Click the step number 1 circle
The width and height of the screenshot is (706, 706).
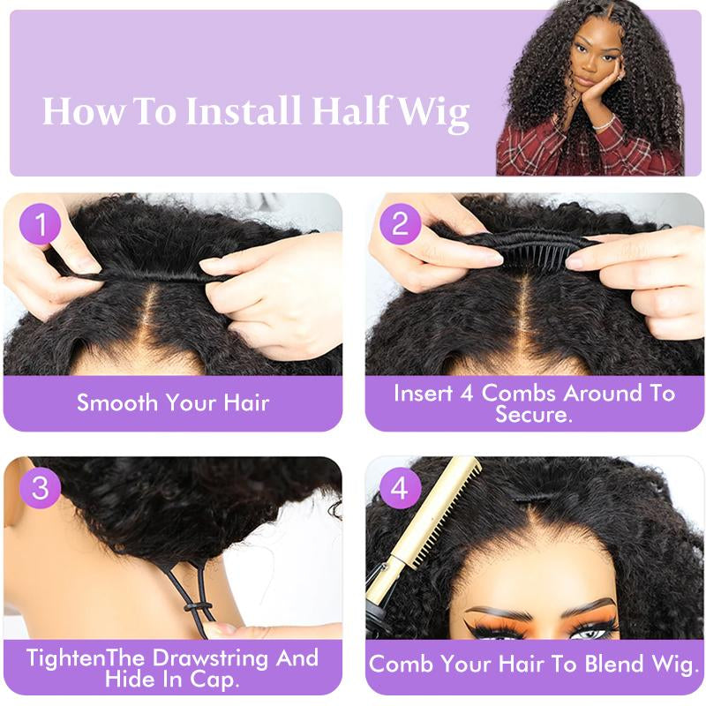(x=40, y=225)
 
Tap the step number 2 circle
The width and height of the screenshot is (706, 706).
(x=401, y=225)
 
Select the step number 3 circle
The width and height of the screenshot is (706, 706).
(x=40, y=488)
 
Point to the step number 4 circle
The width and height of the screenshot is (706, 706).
(x=401, y=488)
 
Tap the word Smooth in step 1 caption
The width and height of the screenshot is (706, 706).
(x=115, y=403)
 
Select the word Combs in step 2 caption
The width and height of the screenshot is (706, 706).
(x=515, y=393)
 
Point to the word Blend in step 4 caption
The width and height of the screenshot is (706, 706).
(x=607, y=663)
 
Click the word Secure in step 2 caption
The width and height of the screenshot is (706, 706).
(x=533, y=414)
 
